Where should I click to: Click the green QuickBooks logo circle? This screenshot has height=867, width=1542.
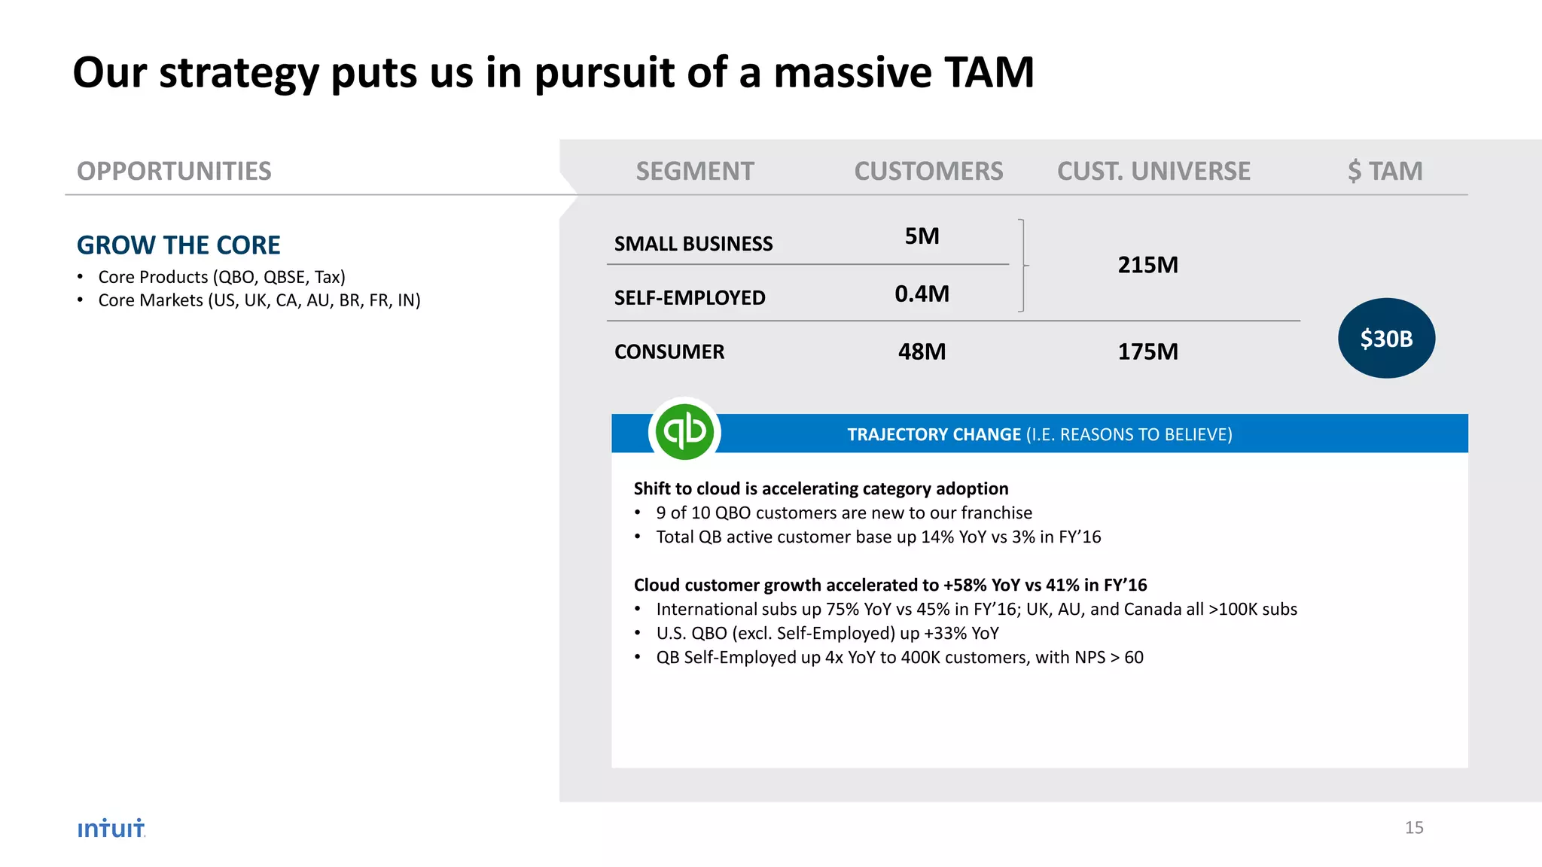pyautogui.click(x=684, y=432)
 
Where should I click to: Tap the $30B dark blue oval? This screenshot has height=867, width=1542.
pyautogui.click(x=1386, y=339)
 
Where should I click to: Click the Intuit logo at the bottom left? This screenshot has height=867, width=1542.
pyautogui.click(x=111, y=828)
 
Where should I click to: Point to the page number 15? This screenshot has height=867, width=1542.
pyautogui.click(x=1413, y=828)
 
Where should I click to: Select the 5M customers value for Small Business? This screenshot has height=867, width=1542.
pyautogui.click(x=922, y=236)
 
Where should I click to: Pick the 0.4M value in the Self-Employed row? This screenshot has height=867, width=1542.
pyautogui.click(x=922, y=294)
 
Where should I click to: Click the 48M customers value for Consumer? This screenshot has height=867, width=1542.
pyautogui.click(x=922, y=351)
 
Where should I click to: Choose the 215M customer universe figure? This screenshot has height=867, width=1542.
pyautogui.click(x=1147, y=265)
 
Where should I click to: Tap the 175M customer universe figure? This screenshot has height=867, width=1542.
pyautogui.click(x=1147, y=351)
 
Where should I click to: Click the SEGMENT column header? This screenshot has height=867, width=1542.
pyautogui.click(x=694, y=172)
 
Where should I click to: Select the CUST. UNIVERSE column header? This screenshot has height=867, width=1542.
pyautogui.click(x=1153, y=172)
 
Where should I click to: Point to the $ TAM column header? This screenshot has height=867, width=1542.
pyautogui.click(x=1385, y=172)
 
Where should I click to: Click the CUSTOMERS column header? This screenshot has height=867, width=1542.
pyautogui.click(x=928, y=172)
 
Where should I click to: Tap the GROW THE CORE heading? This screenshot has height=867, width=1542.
pyautogui.click(x=178, y=245)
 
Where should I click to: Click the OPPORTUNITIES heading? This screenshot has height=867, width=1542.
pyautogui.click(x=174, y=172)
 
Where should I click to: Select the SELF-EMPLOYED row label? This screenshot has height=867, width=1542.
pyautogui.click(x=690, y=298)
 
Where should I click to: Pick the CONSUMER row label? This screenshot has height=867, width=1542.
pyautogui.click(x=669, y=352)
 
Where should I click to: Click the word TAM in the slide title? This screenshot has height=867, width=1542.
pyautogui.click(x=989, y=73)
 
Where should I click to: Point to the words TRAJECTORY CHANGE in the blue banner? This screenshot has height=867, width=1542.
pyautogui.click(x=934, y=435)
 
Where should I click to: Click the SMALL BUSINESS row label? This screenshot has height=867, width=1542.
pyautogui.click(x=693, y=244)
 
